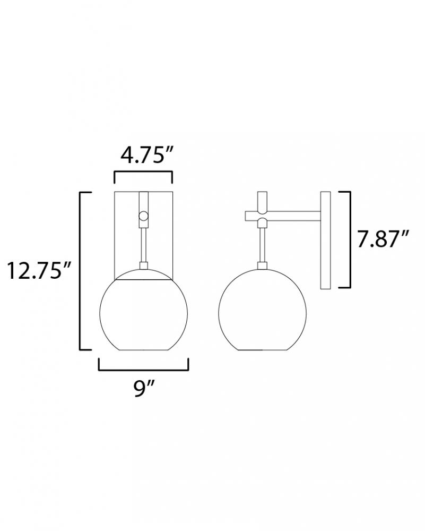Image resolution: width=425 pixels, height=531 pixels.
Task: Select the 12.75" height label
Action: tap(39, 270)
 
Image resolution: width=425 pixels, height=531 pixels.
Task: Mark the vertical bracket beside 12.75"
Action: tap(81, 271)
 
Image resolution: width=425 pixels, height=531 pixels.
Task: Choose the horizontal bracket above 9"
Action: tap(143, 370)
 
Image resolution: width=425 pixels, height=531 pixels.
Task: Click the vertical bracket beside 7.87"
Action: tap(349, 240)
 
